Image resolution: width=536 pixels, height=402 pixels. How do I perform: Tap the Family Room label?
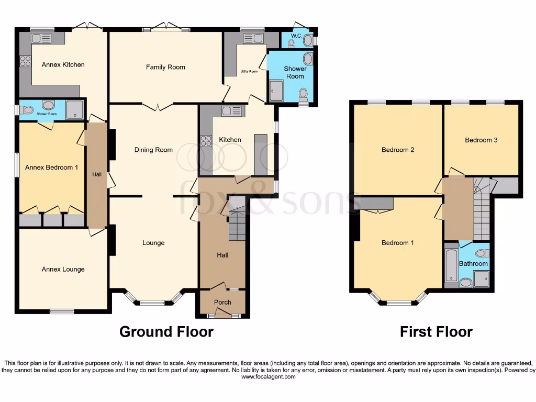coord(165,67)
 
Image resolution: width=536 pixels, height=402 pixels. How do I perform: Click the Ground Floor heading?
coord(166,332)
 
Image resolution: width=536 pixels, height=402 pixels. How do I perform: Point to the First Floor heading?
coord(436,332)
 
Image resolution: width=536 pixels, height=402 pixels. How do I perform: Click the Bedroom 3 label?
coord(481,140)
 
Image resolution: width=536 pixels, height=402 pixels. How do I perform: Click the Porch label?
coord(222,303)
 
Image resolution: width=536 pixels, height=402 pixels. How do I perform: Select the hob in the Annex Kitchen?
coord(25,61)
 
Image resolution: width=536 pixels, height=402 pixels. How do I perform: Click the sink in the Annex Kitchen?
coord(40,38)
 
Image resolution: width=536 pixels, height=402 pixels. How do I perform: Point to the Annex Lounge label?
coord(63,270)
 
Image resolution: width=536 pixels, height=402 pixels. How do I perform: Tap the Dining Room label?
coord(153,150)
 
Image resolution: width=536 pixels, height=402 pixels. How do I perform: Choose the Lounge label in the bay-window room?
coord(153,243)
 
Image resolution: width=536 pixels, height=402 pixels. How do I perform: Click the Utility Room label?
coord(249,72)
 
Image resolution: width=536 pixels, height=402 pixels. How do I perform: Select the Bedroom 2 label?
coord(398,150)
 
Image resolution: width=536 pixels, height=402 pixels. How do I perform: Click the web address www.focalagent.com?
coord(267,376)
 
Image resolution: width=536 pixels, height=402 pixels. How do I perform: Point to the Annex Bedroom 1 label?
coord(51,167)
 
